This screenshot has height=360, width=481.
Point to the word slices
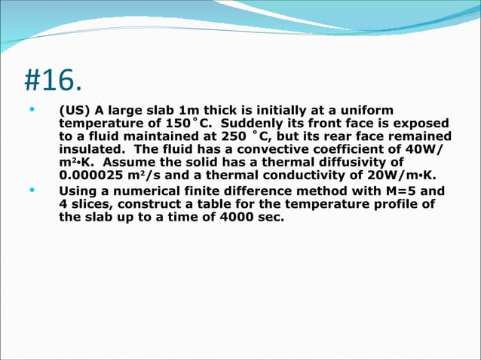coord(93,204)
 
